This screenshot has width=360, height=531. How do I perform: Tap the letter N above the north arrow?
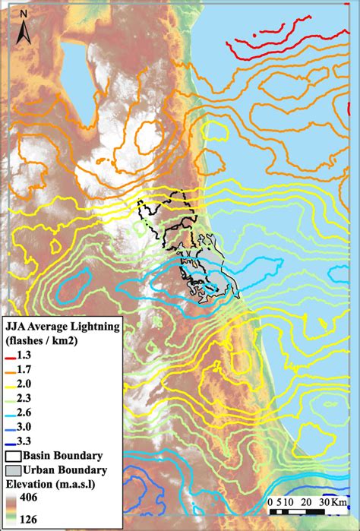click(x=24, y=14)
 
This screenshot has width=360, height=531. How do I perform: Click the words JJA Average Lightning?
click(x=62, y=327)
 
